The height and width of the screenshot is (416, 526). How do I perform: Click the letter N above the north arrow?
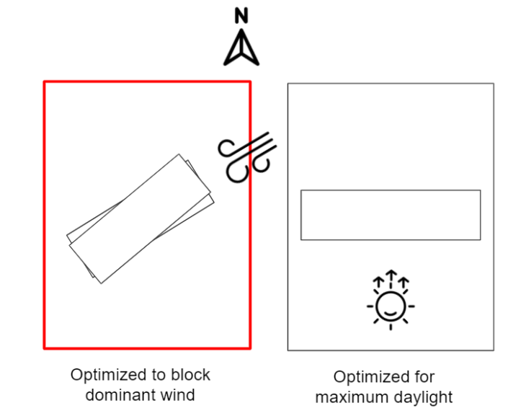tap(241, 15)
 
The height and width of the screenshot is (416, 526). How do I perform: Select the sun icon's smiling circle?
tap(391, 307)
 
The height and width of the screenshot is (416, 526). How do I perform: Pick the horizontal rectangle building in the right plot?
tap(390, 215)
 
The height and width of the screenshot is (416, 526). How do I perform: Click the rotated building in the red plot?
tap(141, 218)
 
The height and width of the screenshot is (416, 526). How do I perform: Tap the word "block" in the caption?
tap(190, 376)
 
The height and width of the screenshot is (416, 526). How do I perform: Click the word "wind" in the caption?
tap(177, 395)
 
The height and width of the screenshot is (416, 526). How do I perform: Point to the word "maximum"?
tap(348, 397)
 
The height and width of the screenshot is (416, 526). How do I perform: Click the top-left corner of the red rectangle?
tap(45, 81)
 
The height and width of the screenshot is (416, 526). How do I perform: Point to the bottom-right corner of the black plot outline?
tap(494, 350)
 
